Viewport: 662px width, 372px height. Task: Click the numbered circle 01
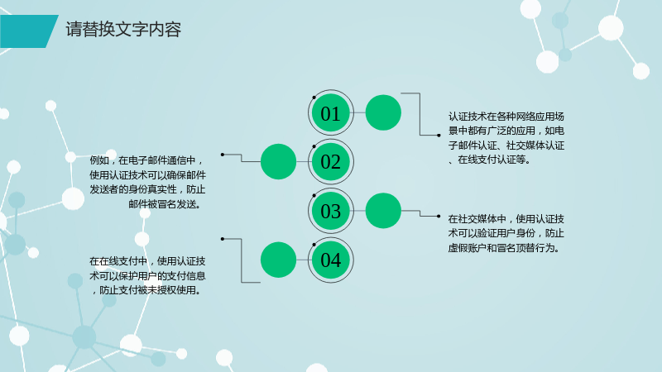click(x=330, y=112)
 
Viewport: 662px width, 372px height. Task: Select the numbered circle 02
click(x=330, y=161)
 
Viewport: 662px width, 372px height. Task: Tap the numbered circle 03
click(x=330, y=211)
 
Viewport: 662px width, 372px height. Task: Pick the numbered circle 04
click(x=330, y=260)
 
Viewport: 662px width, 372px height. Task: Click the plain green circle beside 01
click(x=383, y=112)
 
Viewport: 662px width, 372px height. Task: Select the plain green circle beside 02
click(x=278, y=161)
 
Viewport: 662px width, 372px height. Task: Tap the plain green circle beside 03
click(x=383, y=211)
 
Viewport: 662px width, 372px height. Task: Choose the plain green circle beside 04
click(x=278, y=260)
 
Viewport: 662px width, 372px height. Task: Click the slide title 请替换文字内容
click(x=123, y=30)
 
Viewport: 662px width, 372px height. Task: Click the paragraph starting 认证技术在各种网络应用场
click(x=506, y=138)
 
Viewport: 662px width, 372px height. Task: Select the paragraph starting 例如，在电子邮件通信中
click(x=147, y=182)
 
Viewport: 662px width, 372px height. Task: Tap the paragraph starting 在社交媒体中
click(x=506, y=233)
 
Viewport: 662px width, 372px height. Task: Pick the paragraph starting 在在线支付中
click(x=147, y=276)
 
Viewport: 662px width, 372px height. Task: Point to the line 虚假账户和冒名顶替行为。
click(x=505, y=248)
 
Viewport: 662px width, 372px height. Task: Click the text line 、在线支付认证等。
click(x=489, y=160)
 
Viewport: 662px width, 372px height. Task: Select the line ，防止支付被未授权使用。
click(x=146, y=291)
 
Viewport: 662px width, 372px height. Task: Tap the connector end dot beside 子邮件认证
click(x=439, y=136)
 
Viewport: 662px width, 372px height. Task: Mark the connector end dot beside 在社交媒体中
click(x=439, y=217)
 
